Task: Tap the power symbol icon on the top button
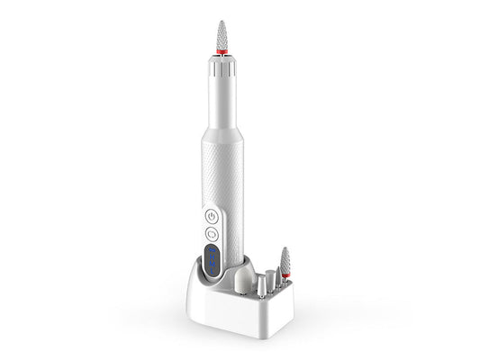click(212, 216)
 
